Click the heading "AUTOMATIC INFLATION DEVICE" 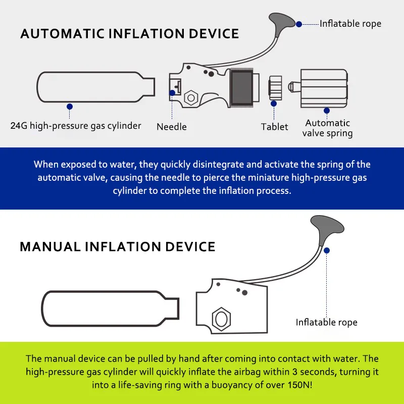(130, 34)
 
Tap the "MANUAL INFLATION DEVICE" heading (118, 246)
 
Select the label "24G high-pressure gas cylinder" (76, 126)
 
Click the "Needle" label (172, 127)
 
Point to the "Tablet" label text (274, 127)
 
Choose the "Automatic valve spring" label (327, 128)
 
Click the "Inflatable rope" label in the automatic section (350, 24)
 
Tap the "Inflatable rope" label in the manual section (326, 322)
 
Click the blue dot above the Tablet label (274, 104)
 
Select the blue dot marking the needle (172, 93)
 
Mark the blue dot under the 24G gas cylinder (70, 107)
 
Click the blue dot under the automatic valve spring (327, 111)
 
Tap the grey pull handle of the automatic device (280, 22)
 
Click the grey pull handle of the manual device (326, 228)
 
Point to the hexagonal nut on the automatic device (191, 97)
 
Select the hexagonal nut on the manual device (221, 319)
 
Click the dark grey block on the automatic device (241, 87)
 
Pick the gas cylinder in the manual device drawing (110, 309)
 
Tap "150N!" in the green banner (300, 385)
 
